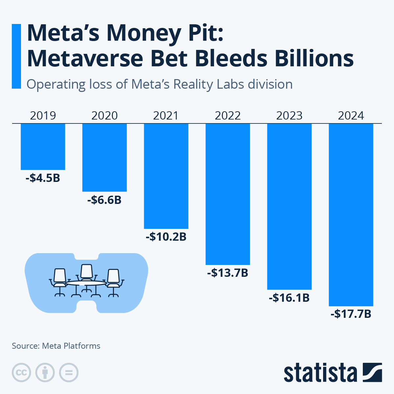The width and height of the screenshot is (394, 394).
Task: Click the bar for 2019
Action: point(43,147)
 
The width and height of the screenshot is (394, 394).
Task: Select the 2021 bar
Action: point(166,176)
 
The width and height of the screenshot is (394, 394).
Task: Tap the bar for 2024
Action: point(351,215)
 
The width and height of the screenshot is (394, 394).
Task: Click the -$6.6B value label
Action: point(104,200)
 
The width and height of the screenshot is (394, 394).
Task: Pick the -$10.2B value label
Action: point(166,237)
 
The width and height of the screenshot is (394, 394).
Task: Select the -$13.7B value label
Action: point(228,273)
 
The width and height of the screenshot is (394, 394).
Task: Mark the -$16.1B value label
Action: point(289,298)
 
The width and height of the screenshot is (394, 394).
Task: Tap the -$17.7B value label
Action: point(351,314)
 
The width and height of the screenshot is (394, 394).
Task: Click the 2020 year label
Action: point(104,116)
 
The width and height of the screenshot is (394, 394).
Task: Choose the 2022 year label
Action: point(228,116)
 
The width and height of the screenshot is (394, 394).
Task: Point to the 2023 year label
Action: point(289,116)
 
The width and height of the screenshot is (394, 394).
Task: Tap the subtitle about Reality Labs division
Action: point(160,84)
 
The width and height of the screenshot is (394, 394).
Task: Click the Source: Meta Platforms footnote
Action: point(56,346)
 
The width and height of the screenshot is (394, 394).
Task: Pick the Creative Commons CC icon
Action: point(21,373)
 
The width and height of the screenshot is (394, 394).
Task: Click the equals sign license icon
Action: point(69,373)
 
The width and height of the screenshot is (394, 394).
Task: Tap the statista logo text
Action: point(320,373)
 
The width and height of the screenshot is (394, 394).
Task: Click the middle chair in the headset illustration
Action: point(87,273)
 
